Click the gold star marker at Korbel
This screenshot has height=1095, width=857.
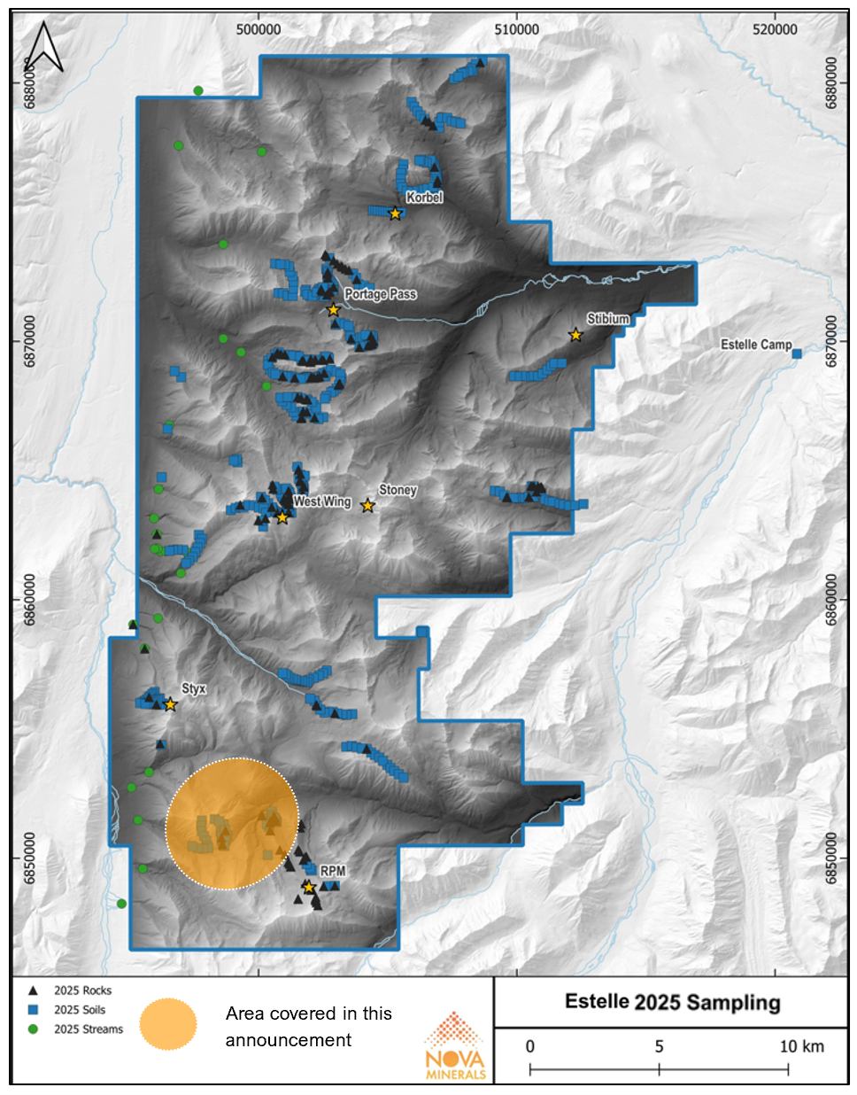click(x=395, y=214)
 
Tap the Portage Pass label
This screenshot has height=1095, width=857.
click(x=380, y=294)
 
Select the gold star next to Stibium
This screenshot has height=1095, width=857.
click(x=575, y=335)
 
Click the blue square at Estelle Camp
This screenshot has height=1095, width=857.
click(x=796, y=353)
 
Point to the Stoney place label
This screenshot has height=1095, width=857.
click(x=398, y=490)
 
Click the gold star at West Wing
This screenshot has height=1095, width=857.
click(x=282, y=517)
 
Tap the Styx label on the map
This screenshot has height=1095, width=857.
click(x=193, y=688)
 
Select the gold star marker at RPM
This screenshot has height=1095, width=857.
click(x=309, y=887)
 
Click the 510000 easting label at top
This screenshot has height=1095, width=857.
click(x=516, y=29)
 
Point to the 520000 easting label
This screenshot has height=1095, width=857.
click(x=775, y=29)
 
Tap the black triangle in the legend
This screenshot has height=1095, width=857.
click(x=33, y=990)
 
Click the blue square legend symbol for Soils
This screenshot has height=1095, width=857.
click(x=33, y=1010)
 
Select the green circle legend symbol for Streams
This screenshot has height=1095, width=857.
click(x=33, y=1029)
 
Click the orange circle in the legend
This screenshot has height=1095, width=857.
click(x=168, y=1024)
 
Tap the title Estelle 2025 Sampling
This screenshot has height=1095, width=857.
click(x=672, y=1002)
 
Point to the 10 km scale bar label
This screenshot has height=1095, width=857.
click(x=801, y=1046)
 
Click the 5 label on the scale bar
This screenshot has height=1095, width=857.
click(x=659, y=1046)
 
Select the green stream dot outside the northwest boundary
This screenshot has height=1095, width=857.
click(x=198, y=90)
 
